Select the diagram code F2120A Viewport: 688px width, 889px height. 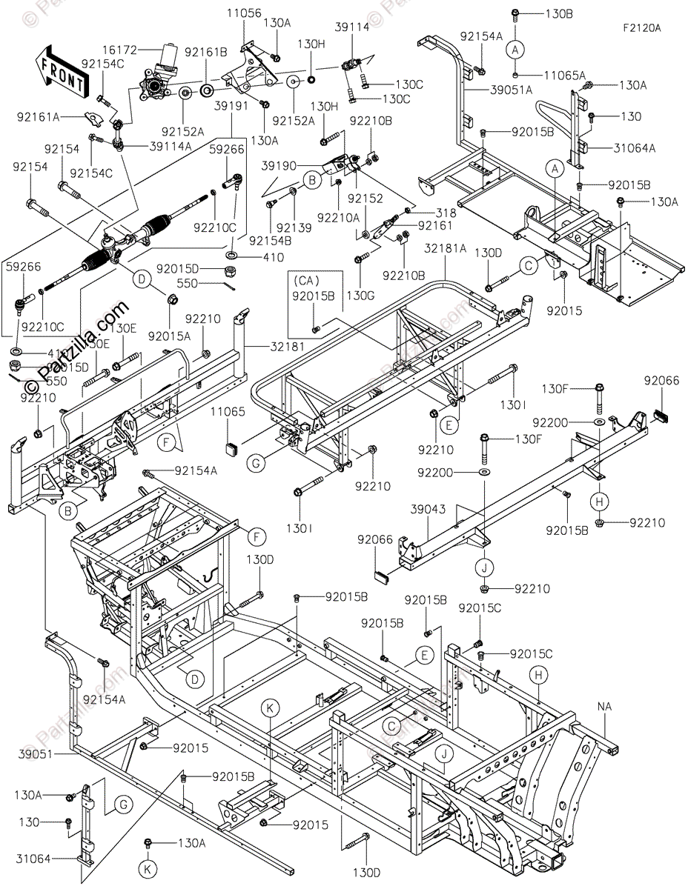[641, 28]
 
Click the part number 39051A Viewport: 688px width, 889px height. [511, 91]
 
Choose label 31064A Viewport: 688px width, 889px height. [635, 147]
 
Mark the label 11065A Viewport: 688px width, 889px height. [565, 76]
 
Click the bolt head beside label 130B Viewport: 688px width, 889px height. [515, 14]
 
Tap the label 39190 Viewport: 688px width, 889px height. [277, 167]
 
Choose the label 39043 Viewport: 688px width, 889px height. [428, 510]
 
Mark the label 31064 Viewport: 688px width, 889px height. [33, 859]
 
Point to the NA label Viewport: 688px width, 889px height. [604, 707]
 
